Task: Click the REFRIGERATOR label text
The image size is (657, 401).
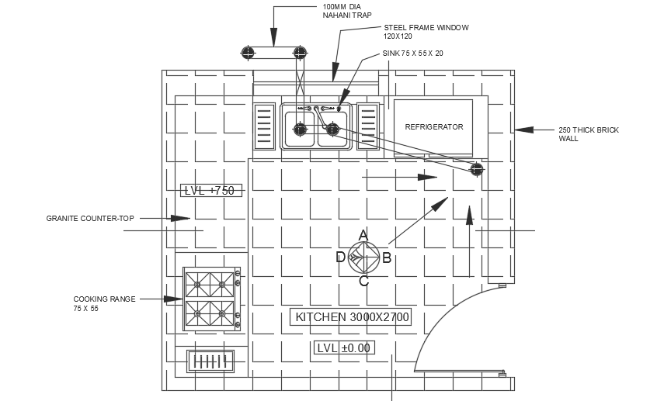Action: [433, 127]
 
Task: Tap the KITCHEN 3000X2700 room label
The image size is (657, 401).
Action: [350, 316]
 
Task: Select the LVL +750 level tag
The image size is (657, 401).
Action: [209, 190]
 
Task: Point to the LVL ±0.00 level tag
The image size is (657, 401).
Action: [343, 347]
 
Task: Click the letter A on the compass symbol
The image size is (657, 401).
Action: [363, 234]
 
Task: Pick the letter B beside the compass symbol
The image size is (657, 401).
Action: [386, 258]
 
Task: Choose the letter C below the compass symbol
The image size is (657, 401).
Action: [363, 281]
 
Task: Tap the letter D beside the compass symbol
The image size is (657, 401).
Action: [340, 258]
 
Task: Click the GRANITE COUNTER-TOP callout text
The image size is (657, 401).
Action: [90, 219]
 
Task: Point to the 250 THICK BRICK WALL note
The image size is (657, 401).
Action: [589, 134]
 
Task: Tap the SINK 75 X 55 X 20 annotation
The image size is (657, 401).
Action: [412, 54]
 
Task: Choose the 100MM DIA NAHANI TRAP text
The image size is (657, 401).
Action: [342, 11]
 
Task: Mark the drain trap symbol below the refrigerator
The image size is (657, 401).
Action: [477, 169]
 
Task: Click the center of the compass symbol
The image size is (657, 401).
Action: [363, 257]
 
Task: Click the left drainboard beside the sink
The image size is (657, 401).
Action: [264, 124]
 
